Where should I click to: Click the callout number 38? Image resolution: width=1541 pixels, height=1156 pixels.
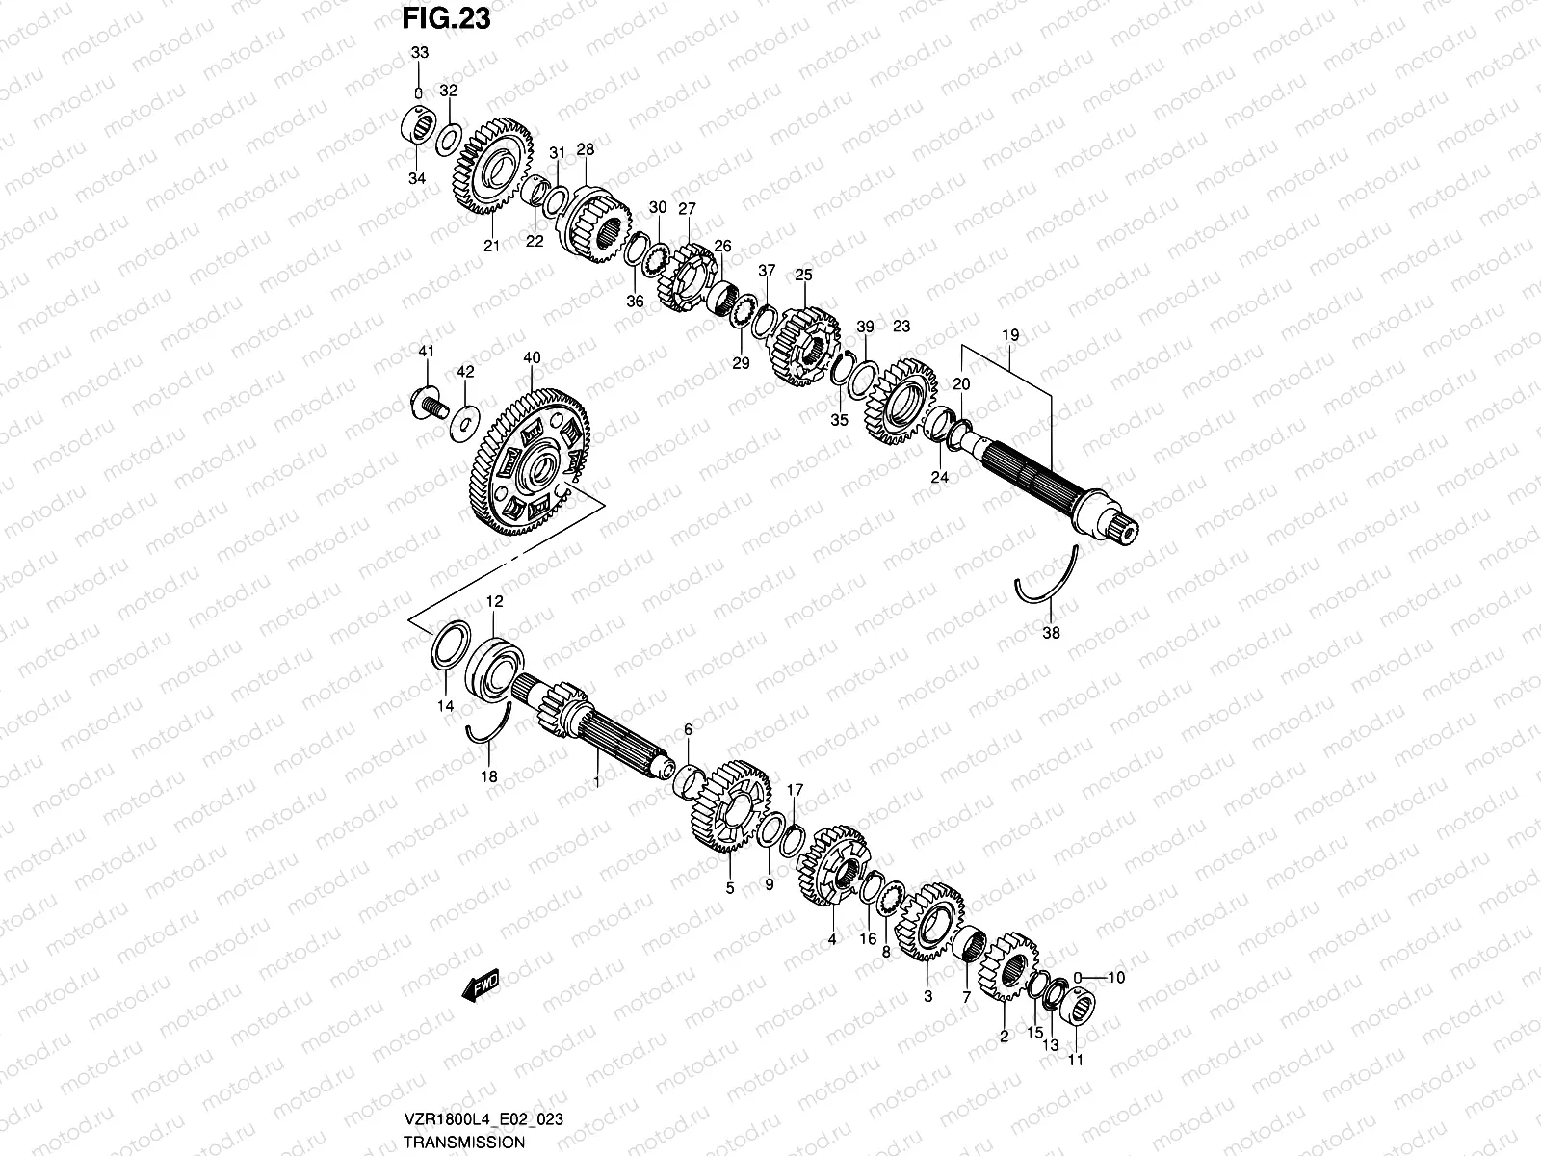[x=1051, y=633]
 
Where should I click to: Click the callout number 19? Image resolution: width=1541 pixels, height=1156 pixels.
[x=1009, y=334]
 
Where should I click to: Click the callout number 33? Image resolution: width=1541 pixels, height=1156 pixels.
[x=418, y=53]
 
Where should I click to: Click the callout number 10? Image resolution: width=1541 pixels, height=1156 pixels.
[x=1115, y=977]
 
